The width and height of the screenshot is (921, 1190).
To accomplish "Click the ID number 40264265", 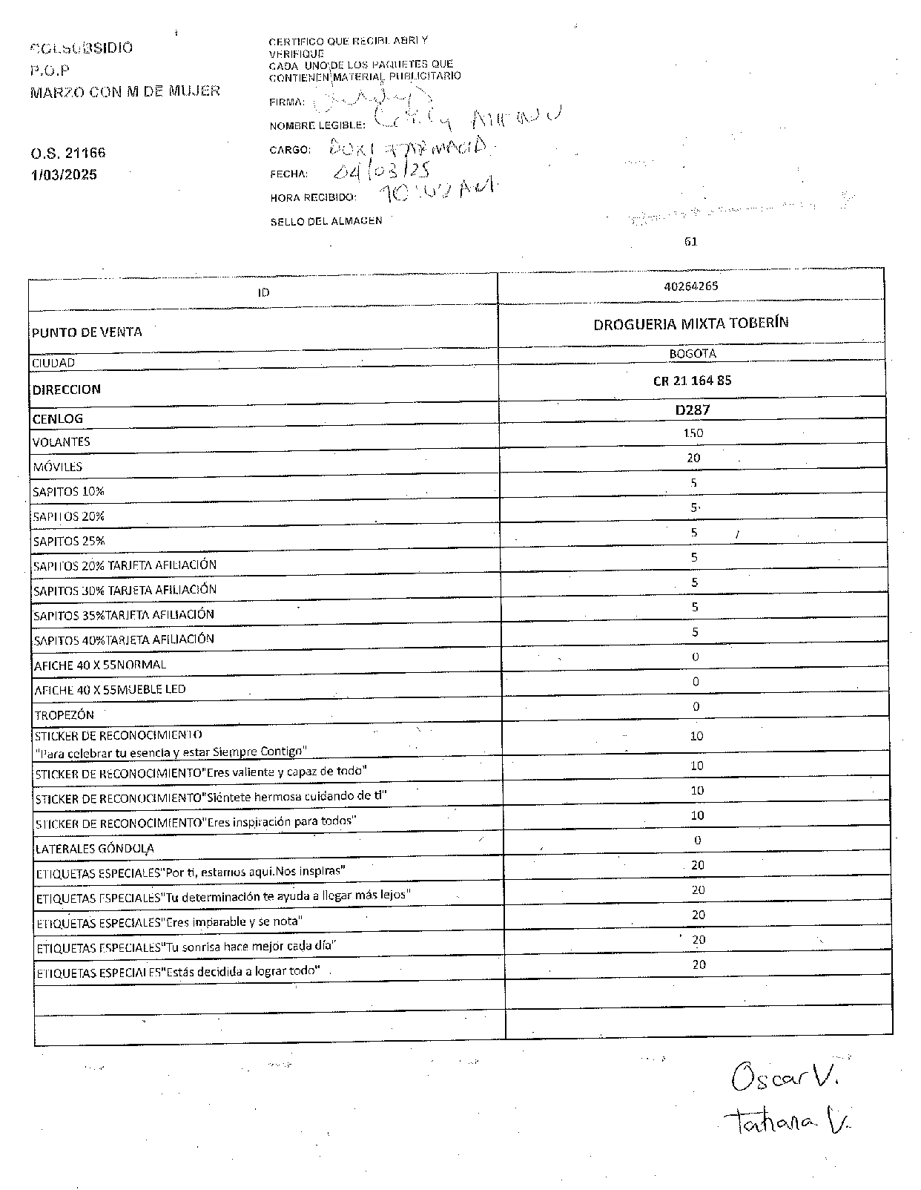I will pos(691,286).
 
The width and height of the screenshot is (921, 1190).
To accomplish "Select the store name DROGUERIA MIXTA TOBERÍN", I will pos(690,323).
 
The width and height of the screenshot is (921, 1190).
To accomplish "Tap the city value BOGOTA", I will pos(693,354).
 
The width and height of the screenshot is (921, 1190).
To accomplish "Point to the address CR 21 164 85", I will pos(692,381).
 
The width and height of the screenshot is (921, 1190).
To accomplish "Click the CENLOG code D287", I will pos(693,410).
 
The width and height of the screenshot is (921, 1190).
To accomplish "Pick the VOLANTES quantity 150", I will pos(693,433).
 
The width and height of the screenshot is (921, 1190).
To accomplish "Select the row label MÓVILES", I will pos(57,467).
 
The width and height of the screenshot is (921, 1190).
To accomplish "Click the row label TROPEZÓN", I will pos(65,715).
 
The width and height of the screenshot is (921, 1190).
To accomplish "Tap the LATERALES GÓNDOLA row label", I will pos(95,848).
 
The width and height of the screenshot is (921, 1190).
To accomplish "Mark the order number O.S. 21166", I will pos(68,154).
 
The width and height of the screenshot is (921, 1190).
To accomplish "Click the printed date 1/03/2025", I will pos(64,175).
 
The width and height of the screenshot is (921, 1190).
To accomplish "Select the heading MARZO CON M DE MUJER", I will pos(125,92).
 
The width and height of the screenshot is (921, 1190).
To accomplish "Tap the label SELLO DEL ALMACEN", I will pos(326,221).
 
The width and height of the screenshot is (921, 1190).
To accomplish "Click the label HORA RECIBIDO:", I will pos(313,198).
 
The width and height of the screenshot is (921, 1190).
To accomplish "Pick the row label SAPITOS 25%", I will pos(69,542).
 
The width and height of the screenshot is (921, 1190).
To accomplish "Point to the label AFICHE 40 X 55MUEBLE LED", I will pos(110,690).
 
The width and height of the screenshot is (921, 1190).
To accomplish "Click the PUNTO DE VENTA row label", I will pos(87,332).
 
